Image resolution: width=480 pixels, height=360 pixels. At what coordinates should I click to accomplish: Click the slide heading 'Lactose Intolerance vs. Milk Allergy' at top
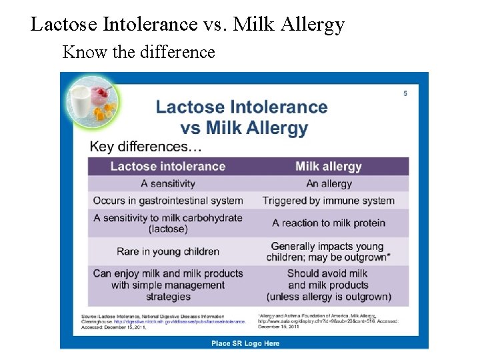coord(187,25)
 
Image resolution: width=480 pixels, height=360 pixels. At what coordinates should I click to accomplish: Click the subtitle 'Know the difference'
coord(139,52)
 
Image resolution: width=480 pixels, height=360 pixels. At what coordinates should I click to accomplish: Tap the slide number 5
coord(405,93)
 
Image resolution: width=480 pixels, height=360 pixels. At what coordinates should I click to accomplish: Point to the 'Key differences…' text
coord(146,147)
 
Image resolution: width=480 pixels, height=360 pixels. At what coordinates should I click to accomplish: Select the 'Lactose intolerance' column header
coord(168,166)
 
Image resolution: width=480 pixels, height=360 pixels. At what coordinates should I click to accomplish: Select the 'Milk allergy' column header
coord(328,166)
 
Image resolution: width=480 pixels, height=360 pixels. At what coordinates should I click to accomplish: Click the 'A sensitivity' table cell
coord(168,183)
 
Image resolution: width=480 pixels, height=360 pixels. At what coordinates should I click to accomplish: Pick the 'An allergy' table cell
coord(328,183)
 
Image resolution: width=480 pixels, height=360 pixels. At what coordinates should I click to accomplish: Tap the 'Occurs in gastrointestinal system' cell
coord(168,201)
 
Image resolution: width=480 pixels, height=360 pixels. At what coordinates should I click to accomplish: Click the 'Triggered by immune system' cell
coord(328,201)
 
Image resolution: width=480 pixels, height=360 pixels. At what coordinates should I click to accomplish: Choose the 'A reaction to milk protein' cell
coord(328,223)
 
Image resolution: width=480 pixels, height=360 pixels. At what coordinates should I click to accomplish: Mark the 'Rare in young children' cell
coord(168,251)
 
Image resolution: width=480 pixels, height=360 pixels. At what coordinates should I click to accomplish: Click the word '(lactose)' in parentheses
coord(168,229)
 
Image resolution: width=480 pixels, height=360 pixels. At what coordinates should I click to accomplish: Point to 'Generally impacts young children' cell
coord(328,251)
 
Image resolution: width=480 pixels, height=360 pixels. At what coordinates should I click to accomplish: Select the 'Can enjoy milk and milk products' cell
coord(168,273)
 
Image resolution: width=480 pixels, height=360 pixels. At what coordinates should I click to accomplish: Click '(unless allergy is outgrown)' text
coord(328,297)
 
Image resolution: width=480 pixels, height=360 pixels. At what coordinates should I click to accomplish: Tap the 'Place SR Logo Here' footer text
coord(245,343)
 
